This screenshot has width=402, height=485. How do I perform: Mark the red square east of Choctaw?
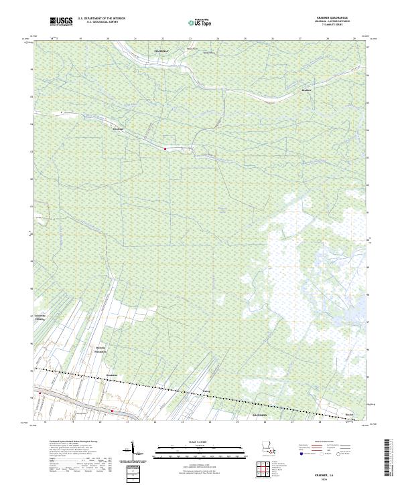tap(165, 149)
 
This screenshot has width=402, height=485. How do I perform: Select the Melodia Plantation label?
tap(101, 350)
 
